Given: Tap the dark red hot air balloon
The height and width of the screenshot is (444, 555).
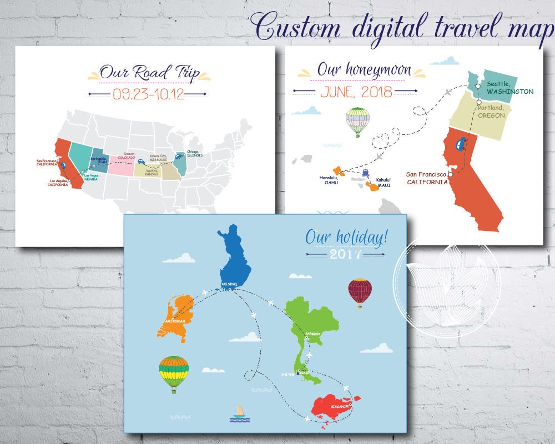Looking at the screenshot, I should [360, 291].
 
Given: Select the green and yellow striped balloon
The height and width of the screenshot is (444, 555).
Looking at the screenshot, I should [174, 372].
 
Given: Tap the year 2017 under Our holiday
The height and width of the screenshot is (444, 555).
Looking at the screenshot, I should [345, 255].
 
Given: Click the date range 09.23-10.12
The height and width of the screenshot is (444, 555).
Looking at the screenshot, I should [148, 94].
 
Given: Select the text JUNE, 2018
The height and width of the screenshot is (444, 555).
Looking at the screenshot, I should [356, 91].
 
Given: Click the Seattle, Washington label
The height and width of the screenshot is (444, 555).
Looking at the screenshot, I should [509, 88].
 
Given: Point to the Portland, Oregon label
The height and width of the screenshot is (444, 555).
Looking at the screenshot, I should [492, 111].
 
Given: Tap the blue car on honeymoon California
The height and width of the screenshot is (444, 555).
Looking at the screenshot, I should [460, 145].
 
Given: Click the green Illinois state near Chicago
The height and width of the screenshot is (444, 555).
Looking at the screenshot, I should [180, 163].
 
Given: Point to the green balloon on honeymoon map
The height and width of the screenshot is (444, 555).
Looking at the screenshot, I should [357, 120].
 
